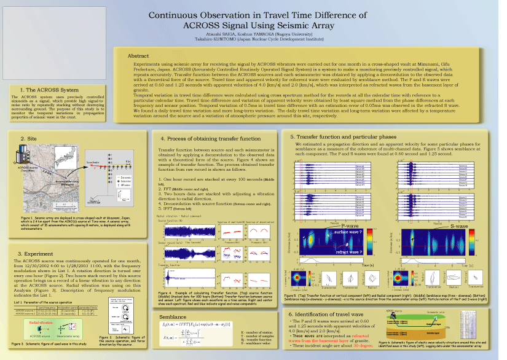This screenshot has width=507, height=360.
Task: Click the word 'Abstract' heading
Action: click(138, 56)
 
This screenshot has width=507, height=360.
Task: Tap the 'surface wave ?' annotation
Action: click(348, 233)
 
